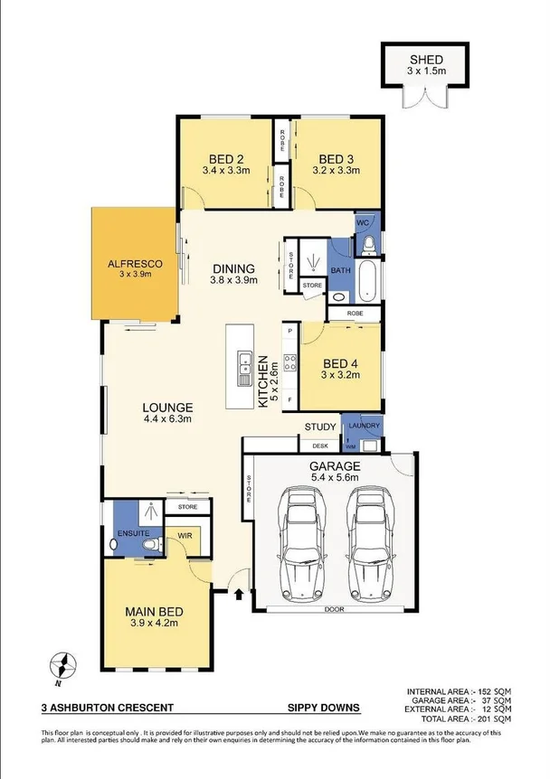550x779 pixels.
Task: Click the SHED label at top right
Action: coord(425,56)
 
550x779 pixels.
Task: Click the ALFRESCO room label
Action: coord(135,263)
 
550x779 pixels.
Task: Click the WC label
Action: coord(362,222)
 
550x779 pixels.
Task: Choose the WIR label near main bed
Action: coord(185,535)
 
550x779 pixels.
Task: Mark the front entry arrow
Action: coord(239,595)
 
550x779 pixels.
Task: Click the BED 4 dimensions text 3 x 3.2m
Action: coord(342,377)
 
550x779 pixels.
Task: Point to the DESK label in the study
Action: coord(318,445)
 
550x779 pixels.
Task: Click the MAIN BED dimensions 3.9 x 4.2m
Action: coord(153,623)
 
